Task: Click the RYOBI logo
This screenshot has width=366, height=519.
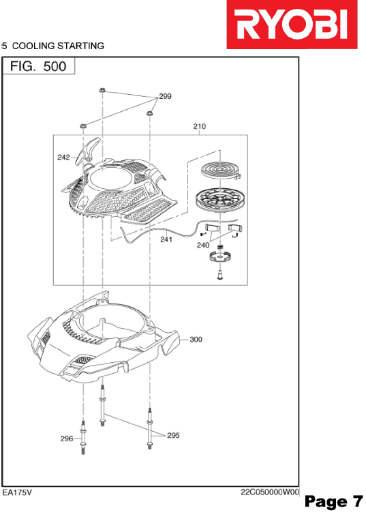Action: pyautogui.click(x=292, y=25)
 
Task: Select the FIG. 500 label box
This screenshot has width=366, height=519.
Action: pyautogui.click(x=39, y=66)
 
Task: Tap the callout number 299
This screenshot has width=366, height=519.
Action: pyautogui.click(x=165, y=96)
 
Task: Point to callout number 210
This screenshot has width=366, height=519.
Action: pyautogui.click(x=199, y=126)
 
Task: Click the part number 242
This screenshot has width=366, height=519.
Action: pyautogui.click(x=63, y=158)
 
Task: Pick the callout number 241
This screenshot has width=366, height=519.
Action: pyautogui.click(x=166, y=239)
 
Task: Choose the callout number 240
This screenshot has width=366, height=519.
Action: pyautogui.click(x=203, y=245)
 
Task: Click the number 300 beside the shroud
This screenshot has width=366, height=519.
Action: pyautogui.click(x=196, y=339)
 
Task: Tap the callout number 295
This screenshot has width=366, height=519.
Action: pyautogui.click(x=173, y=435)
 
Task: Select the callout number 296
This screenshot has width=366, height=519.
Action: pyautogui.click(x=67, y=439)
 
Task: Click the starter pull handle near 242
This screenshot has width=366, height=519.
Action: pyautogui.click(x=87, y=151)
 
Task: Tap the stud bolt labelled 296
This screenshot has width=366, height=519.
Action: pyautogui.click(x=83, y=437)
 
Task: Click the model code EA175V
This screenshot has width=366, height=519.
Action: pyautogui.click(x=17, y=492)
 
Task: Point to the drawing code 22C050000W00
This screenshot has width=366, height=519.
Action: pyautogui.click(x=269, y=492)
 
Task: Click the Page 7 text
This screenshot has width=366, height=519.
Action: pyautogui.click(x=333, y=502)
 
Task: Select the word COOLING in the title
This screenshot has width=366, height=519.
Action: pyautogui.click(x=33, y=46)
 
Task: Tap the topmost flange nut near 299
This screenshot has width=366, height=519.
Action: pyautogui.click(x=102, y=90)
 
